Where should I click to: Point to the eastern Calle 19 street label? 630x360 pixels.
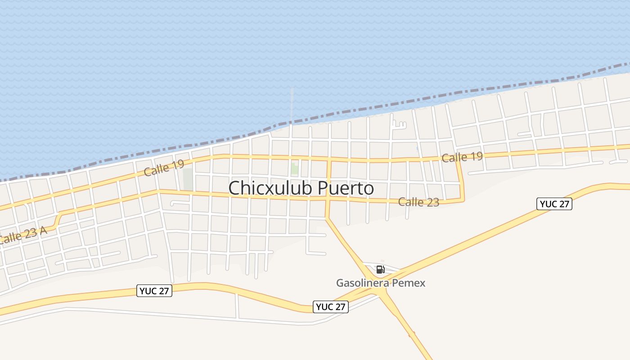462,157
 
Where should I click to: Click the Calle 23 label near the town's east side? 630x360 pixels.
418,202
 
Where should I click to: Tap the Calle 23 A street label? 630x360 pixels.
22,235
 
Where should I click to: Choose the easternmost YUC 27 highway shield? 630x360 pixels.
554,204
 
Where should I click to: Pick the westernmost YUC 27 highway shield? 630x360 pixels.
154,291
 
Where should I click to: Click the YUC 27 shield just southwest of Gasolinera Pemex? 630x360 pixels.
330,307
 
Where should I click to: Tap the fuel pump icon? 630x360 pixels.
380,270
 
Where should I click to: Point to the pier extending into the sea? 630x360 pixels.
292,106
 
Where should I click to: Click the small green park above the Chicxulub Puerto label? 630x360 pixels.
294,169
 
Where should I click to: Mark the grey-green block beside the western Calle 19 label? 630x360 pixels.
188,179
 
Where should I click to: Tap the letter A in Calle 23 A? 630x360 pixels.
43,231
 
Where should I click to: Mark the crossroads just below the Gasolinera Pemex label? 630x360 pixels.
382,292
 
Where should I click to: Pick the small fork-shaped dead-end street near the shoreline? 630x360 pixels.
399,124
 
